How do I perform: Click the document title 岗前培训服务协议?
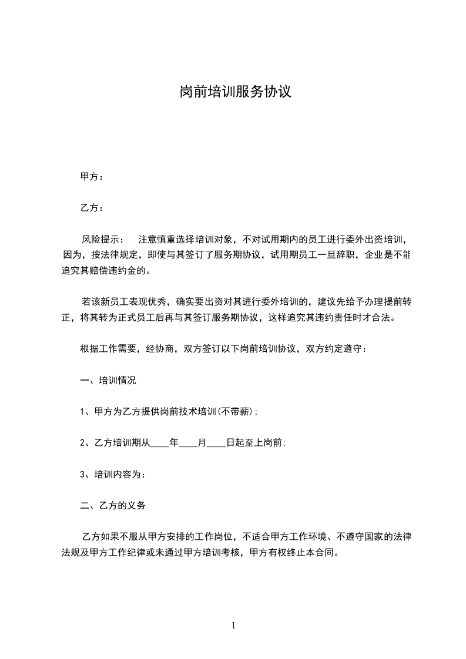click(235, 93)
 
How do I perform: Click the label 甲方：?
click(92, 176)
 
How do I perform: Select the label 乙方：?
click(92, 208)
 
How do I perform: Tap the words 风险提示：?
click(103, 240)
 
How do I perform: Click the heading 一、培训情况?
click(108, 381)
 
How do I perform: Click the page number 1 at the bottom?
click(233, 626)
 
